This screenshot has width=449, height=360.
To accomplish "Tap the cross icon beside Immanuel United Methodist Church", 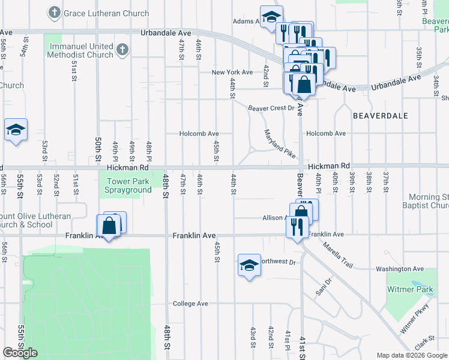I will (122, 50).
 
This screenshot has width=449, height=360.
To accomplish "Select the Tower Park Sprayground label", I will (128, 185).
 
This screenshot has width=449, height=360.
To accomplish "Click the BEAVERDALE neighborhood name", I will (380, 115).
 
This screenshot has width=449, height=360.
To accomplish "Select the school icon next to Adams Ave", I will (271, 16).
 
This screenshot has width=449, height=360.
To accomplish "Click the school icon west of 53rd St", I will (16, 130).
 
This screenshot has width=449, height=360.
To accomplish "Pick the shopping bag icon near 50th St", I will (109, 227).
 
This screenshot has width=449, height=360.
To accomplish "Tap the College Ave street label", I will (190, 304).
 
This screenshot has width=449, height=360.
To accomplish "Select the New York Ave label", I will (232, 72).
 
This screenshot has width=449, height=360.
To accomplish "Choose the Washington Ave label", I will (400, 269).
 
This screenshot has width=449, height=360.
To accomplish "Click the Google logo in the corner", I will (20, 353).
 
